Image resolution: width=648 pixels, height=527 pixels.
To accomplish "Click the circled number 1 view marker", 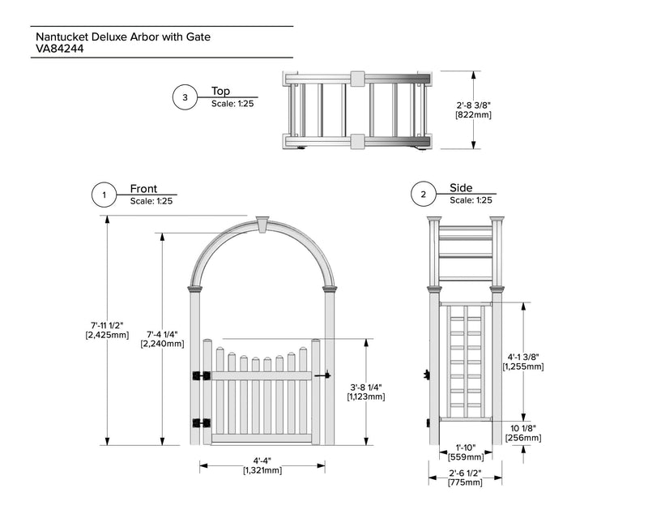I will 104,195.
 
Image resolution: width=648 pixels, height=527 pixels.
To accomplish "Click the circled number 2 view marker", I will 423,195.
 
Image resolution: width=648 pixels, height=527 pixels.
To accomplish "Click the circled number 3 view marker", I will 185,97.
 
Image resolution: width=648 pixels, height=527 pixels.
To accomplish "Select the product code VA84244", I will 61,49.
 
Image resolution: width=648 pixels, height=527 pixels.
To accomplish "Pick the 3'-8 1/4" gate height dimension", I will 366,391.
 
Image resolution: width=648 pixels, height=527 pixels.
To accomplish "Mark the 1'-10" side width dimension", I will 465,452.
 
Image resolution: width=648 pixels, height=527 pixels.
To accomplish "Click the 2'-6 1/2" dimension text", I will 465,477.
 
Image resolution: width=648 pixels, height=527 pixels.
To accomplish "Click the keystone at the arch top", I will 262,222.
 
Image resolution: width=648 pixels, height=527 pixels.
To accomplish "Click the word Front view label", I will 143,189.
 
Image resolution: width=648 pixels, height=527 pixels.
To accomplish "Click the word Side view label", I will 461,188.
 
